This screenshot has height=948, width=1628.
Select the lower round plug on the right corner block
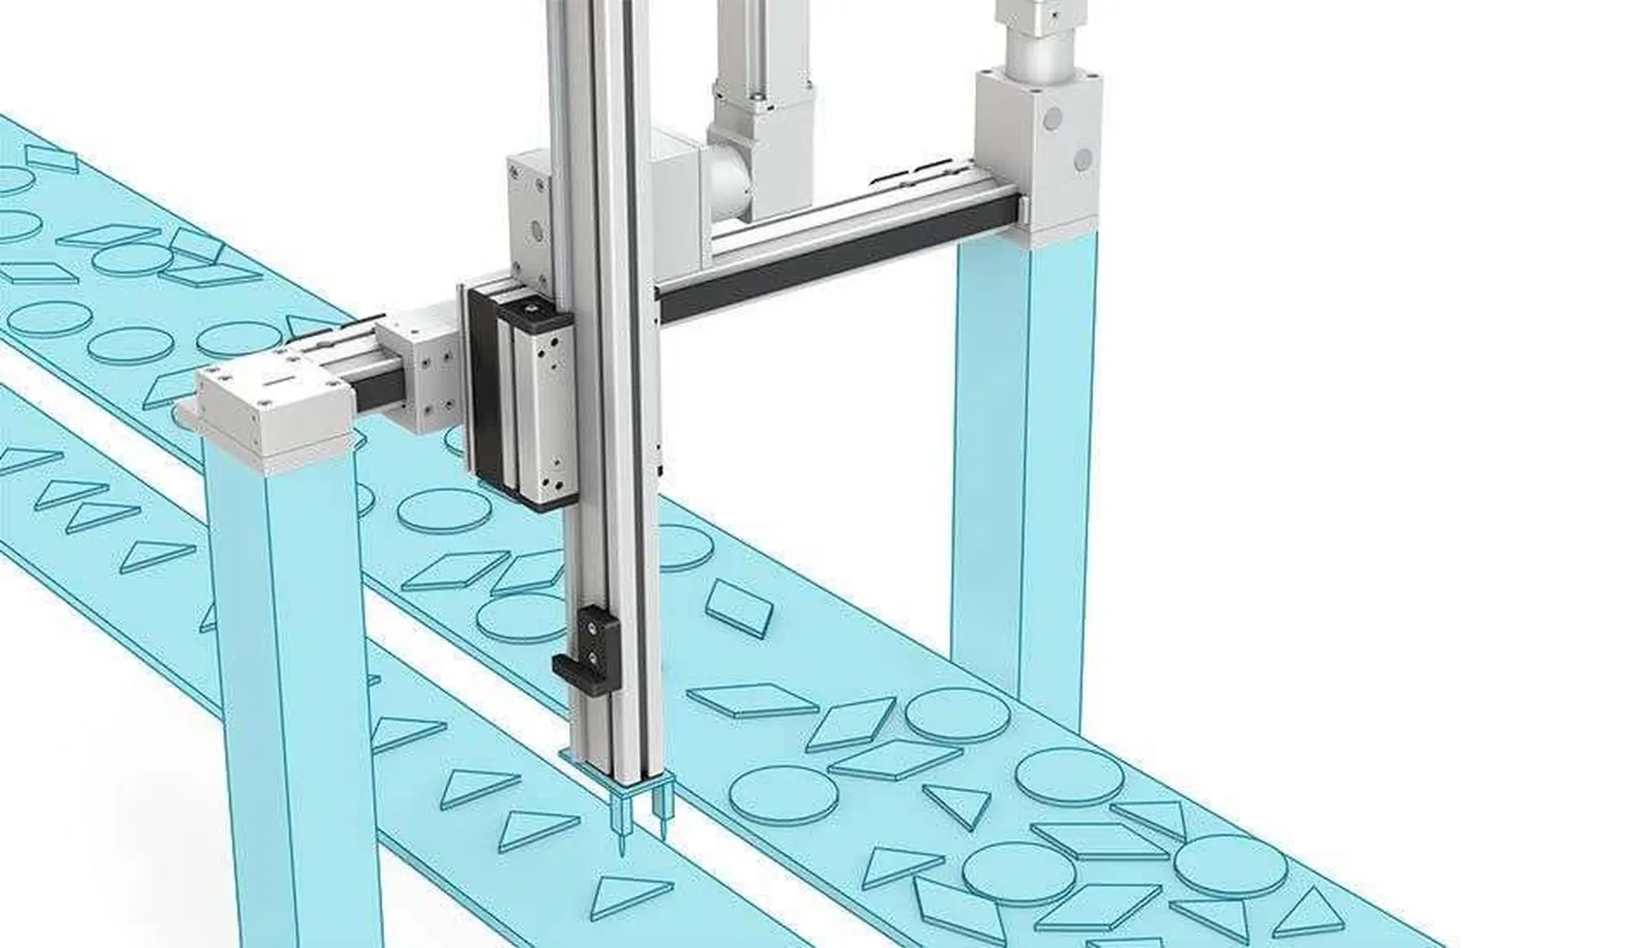tap(1082, 158)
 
